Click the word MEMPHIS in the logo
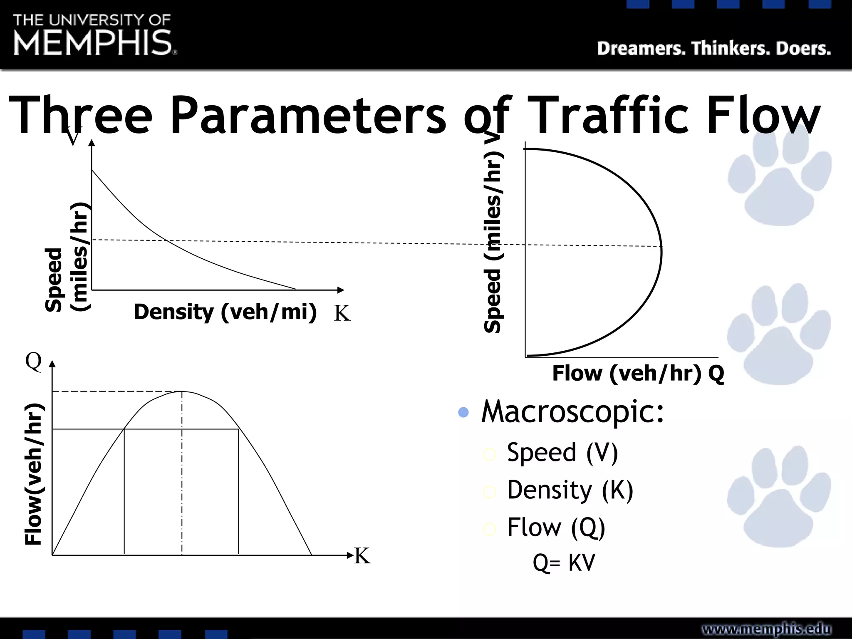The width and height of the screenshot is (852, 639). pyautogui.click(x=92, y=43)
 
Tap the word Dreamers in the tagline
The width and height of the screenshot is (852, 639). pyautogui.click(x=641, y=49)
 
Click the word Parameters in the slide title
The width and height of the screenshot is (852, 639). pyautogui.click(x=308, y=115)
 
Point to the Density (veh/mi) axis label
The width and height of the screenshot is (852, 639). pyautogui.click(x=225, y=312)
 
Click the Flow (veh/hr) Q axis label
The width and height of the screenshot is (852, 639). pyautogui.click(x=638, y=373)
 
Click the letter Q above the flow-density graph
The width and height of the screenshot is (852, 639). pyautogui.click(x=33, y=361)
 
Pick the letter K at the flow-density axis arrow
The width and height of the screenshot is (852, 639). pyautogui.click(x=362, y=556)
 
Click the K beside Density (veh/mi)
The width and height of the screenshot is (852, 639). pyautogui.click(x=342, y=313)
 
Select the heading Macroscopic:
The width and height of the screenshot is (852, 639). pyautogui.click(x=572, y=411)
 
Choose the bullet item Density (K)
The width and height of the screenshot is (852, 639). pyautogui.click(x=570, y=490)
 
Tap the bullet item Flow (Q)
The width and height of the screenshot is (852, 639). pyautogui.click(x=556, y=527)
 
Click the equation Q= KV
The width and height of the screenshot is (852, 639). pyautogui.click(x=564, y=562)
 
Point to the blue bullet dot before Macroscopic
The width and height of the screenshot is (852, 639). pyautogui.click(x=463, y=412)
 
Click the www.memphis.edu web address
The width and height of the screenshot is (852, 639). pyautogui.click(x=766, y=629)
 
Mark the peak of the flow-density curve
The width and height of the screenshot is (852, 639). pyautogui.click(x=182, y=391)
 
